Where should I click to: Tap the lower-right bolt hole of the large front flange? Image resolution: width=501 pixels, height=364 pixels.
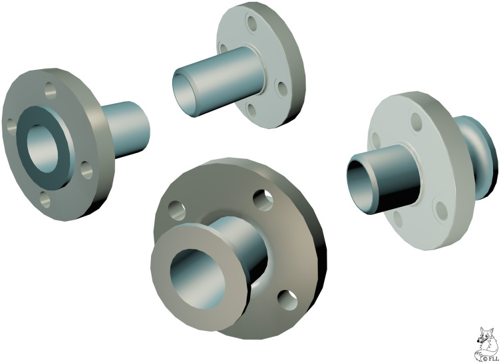(287, 299)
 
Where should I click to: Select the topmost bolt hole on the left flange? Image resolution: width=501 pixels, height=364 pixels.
(50, 88)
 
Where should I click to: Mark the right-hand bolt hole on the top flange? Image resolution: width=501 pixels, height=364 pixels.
(280, 87)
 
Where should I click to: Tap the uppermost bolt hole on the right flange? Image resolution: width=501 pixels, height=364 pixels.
(416, 121)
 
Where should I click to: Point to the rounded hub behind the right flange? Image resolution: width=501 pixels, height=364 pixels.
(484, 160)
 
